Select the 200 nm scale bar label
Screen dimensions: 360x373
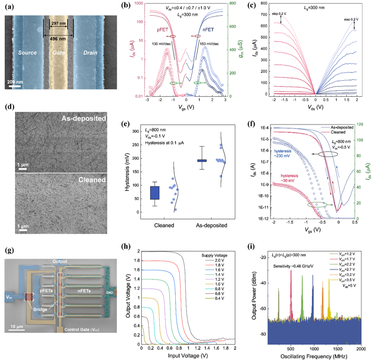pyautogui.click(x=16, y=82)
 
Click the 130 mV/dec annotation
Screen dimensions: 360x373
pyautogui.click(x=164, y=43)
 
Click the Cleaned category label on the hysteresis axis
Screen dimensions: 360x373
pyautogui.click(x=167, y=225)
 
